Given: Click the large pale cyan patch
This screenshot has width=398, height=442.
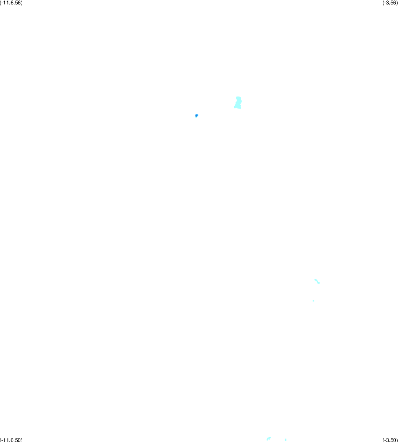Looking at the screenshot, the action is (238, 103).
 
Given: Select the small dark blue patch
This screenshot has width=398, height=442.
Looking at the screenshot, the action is (197, 115).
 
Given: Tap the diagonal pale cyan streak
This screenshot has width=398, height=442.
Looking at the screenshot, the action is (317, 281).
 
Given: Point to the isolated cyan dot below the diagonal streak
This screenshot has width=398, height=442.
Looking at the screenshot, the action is (313, 301).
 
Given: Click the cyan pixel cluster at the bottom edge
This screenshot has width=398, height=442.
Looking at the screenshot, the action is (269, 438).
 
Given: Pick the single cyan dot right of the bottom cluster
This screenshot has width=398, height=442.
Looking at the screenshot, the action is (286, 439).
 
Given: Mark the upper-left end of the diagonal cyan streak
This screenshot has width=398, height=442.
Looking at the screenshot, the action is (315, 279).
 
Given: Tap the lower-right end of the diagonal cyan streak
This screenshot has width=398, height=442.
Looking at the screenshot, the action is (319, 283).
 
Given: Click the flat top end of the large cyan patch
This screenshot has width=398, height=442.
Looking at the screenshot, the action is (238, 97).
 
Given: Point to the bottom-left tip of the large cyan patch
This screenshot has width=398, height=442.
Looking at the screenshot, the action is (234, 107).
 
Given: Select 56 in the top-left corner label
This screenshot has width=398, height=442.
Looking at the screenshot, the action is (18, 3).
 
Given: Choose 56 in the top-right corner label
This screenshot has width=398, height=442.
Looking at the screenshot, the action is (393, 3).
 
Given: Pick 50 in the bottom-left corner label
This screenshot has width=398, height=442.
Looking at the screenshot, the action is (18, 440).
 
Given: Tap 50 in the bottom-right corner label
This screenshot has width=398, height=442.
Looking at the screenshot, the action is (393, 440).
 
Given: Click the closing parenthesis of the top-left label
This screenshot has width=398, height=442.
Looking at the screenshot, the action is (22, 3).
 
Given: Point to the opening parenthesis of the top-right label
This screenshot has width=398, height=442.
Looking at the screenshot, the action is (383, 3).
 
